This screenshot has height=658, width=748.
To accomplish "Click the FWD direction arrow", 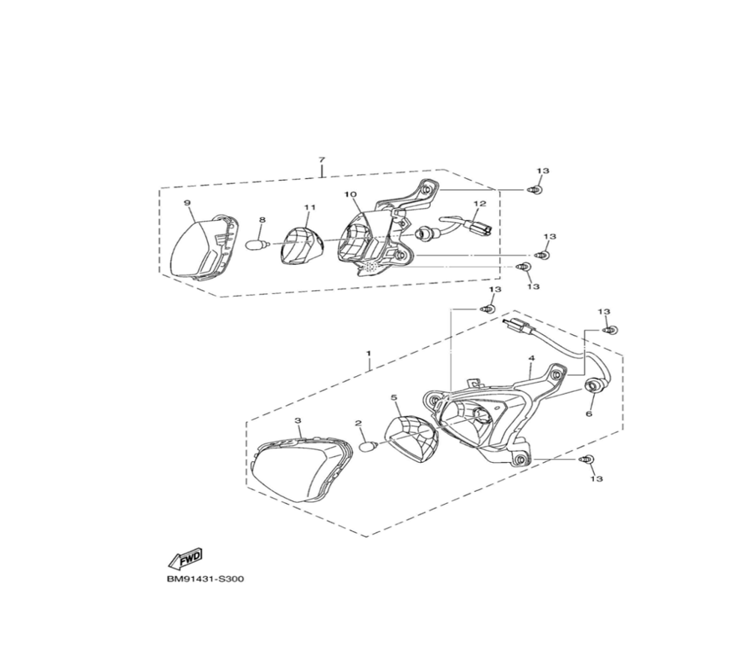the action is pyautogui.click(x=184, y=559).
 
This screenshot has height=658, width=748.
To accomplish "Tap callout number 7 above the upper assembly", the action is pyautogui.click(x=322, y=159).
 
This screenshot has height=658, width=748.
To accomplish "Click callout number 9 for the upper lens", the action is pyautogui.click(x=187, y=203).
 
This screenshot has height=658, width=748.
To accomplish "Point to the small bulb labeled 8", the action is pyautogui.click(x=258, y=245).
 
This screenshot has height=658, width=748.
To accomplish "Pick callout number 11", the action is pyautogui.click(x=310, y=207).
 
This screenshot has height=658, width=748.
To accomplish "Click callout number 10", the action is pyautogui.click(x=351, y=194).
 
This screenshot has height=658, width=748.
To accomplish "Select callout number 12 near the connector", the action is pyautogui.click(x=479, y=203).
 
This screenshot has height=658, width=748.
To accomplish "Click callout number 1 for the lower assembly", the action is pyautogui.click(x=368, y=354).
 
